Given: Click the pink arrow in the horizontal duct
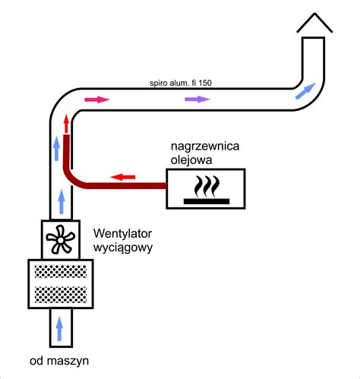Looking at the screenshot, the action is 97,99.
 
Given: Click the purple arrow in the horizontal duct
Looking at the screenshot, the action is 197,99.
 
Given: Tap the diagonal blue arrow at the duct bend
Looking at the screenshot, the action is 305,91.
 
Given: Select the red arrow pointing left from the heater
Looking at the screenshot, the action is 123,177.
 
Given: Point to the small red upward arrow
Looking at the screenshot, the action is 66,124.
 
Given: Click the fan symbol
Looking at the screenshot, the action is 61,239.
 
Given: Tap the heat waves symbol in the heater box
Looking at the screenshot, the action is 207,186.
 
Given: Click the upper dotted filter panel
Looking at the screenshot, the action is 61,271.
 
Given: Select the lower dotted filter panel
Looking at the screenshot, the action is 61,295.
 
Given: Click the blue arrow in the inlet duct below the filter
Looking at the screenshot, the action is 59,329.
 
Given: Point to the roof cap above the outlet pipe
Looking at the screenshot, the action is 314,23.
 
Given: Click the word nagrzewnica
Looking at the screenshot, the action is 205,147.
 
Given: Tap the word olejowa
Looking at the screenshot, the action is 191,160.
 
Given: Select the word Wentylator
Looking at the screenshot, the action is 122,233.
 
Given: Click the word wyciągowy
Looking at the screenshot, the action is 123,248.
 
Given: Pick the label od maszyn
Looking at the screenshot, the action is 59,361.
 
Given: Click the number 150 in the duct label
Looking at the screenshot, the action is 205,83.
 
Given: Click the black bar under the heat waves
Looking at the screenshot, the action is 207,201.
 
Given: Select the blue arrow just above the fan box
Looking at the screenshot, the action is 61,202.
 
